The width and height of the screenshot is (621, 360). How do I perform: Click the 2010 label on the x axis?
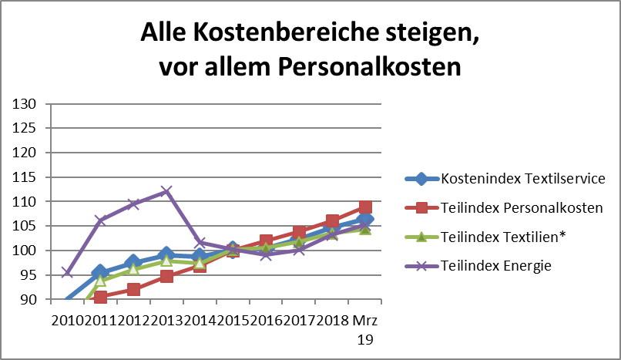67,319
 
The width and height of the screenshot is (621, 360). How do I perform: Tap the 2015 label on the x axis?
233,319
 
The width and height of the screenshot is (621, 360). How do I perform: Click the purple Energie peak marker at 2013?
166,191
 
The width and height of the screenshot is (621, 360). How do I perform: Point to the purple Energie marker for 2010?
67,273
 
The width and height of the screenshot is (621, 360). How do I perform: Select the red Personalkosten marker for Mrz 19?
365,207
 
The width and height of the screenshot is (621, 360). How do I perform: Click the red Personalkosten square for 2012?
133,289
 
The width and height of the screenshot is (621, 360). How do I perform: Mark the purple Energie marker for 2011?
100,220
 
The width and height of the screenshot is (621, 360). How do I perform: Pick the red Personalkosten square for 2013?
166,276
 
